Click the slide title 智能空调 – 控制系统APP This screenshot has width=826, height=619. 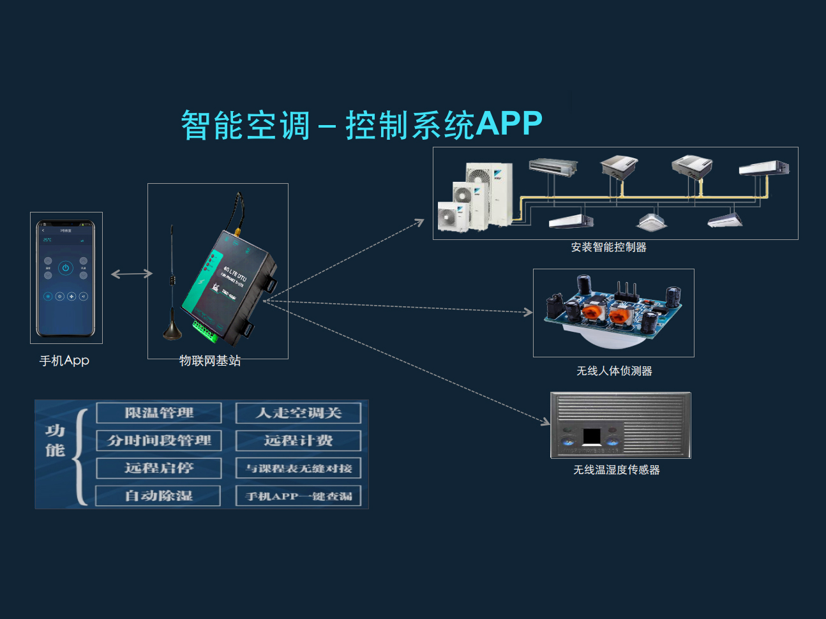[x=361, y=124]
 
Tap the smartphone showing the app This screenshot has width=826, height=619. [x=66, y=278]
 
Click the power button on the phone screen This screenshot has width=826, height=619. [x=66, y=268]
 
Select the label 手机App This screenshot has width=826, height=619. [x=64, y=361]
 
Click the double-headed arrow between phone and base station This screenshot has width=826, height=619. [x=131, y=274]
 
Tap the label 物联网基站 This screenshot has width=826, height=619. [x=210, y=361]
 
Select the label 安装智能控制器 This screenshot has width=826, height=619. [x=608, y=248]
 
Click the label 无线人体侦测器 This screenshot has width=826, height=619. [x=614, y=371]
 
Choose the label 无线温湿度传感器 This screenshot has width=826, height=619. [x=616, y=470]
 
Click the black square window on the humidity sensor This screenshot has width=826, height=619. [x=592, y=436]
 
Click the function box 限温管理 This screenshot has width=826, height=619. [x=159, y=413]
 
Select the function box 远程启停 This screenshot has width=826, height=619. [x=159, y=468]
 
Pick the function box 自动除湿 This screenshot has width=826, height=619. [x=158, y=496]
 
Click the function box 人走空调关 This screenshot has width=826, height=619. [x=298, y=413]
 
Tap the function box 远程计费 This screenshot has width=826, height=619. [x=298, y=440]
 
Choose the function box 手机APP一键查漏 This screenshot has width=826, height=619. [x=298, y=496]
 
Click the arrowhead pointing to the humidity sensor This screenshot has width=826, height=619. [x=546, y=422]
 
